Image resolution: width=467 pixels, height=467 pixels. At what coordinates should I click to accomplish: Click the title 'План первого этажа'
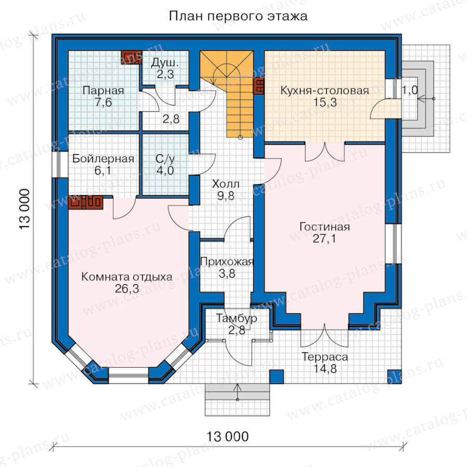click(x=238, y=16)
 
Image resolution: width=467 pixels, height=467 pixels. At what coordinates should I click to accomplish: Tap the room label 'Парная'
click(x=103, y=90)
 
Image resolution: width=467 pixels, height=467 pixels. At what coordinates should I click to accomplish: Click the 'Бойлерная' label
click(x=103, y=158)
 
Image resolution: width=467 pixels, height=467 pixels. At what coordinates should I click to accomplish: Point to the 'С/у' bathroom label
click(x=165, y=159)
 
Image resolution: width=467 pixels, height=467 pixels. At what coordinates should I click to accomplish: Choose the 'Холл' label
click(x=226, y=184)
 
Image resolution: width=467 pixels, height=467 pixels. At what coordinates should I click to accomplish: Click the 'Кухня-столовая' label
click(x=325, y=90)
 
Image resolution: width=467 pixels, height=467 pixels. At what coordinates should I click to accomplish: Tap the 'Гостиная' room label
click(x=325, y=227)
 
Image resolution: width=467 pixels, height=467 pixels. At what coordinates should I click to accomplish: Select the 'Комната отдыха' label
click(x=127, y=277)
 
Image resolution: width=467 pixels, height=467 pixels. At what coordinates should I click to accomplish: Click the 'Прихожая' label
click(x=227, y=262)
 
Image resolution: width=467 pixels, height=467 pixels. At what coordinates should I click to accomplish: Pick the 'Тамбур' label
click(x=237, y=319)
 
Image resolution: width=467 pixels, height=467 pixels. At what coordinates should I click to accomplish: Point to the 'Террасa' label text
click(x=325, y=357)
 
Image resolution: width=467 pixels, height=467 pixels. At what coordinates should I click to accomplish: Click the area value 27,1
click(x=324, y=239)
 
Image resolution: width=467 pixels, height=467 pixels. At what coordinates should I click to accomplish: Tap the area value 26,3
click(x=127, y=289)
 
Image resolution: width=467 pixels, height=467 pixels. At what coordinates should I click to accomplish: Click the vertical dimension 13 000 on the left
click(x=25, y=209)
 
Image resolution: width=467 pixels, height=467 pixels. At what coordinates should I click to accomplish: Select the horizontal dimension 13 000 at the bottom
click(x=228, y=436)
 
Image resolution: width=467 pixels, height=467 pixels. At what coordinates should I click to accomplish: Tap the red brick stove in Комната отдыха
click(x=86, y=202)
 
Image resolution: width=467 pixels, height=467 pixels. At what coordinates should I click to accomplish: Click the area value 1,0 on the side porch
click(x=410, y=90)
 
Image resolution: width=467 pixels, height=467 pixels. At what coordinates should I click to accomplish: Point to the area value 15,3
click(x=325, y=102)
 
